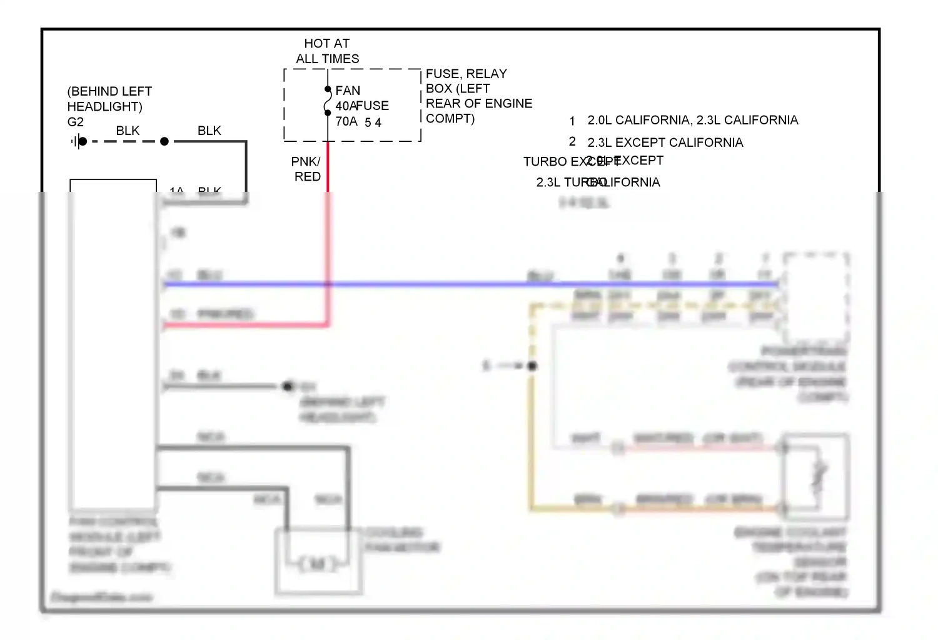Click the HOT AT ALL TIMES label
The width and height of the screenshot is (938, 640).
click(x=327, y=51)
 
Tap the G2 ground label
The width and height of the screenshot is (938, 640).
click(x=75, y=122)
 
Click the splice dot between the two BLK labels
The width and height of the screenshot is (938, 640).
click(x=164, y=142)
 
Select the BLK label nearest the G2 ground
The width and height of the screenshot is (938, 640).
click(x=128, y=131)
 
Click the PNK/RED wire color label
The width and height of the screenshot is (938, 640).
click(x=306, y=169)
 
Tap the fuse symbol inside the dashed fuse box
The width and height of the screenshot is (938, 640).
click(x=328, y=101)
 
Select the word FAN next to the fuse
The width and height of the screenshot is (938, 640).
click(x=348, y=91)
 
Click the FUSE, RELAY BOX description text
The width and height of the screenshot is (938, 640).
click(x=478, y=96)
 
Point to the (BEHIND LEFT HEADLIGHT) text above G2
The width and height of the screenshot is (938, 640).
click(x=109, y=99)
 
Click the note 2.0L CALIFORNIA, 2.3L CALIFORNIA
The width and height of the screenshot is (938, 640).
click(x=692, y=120)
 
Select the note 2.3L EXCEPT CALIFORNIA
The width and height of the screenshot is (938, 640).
click(x=665, y=142)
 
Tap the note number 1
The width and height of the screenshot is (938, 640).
click(x=572, y=121)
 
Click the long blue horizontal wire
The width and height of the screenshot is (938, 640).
click(x=438, y=284)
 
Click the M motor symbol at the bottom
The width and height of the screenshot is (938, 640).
click(x=318, y=564)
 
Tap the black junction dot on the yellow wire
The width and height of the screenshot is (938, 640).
click(x=532, y=366)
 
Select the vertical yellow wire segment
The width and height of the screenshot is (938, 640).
click(x=532, y=437)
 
